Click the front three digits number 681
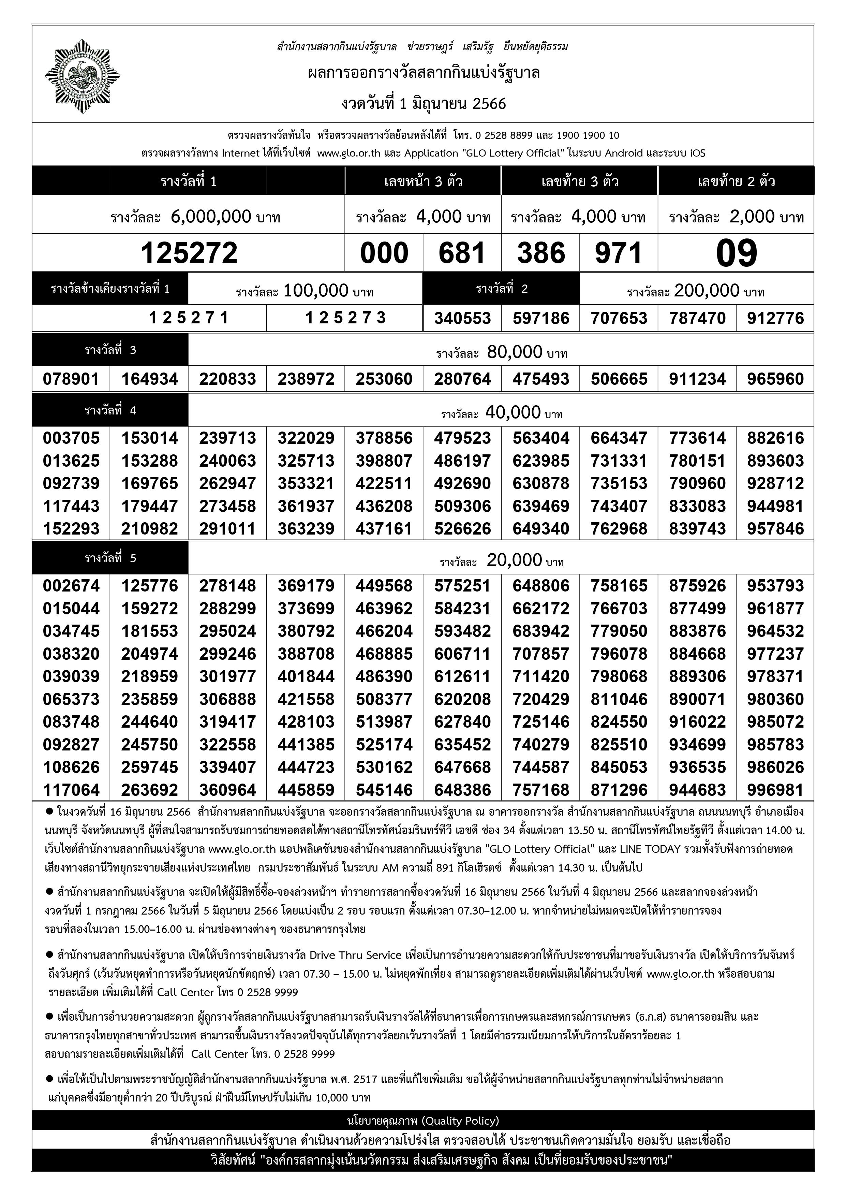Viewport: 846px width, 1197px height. pyautogui.click(x=462, y=253)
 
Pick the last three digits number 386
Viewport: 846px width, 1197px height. pyautogui.click(x=540, y=253)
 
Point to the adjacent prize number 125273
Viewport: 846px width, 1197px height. pyautogui.click(x=345, y=318)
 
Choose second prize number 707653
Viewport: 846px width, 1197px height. pyautogui.click(x=619, y=318)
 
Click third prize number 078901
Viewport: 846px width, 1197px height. pyautogui.click(x=71, y=379)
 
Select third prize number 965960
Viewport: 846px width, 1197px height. pyautogui.click(x=775, y=379)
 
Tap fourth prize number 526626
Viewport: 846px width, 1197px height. pyautogui.click(x=462, y=529)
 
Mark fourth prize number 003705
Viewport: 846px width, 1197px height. pyautogui.click(x=71, y=438)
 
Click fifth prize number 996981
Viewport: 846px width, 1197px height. pyautogui.click(x=775, y=790)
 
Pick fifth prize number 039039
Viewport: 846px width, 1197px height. pyautogui.click(x=71, y=676)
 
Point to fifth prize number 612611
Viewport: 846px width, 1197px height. pyautogui.click(x=462, y=676)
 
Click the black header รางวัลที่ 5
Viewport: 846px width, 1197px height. pyautogui.click(x=110, y=558)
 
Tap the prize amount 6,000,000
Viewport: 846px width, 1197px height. pyautogui.click(x=211, y=216)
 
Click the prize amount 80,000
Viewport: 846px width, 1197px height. pyautogui.click(x=515, y=352)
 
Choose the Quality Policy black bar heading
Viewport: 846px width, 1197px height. pyautogui.click(x=423, y=1120)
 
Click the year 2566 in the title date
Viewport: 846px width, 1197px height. pyautogui.click(x=489, y=104)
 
